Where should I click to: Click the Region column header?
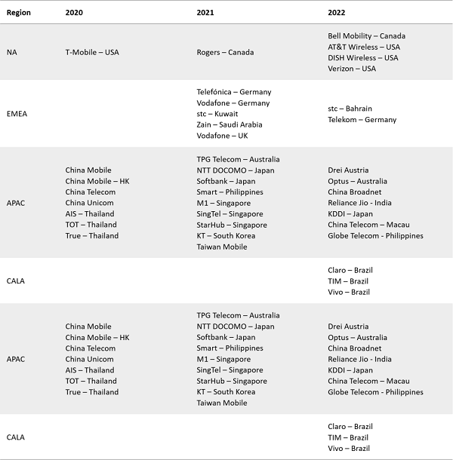click(x=18, y=14)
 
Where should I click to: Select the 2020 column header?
click(x=75, y=14)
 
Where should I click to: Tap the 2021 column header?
click(x=205, y=14)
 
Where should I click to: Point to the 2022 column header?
click(x=337, y=14)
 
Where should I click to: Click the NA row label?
click(x=11, y=52)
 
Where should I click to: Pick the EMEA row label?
click(x=17, y=114)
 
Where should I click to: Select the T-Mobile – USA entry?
click(x=92, y=52)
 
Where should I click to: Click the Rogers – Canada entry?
click(x=225, y=52)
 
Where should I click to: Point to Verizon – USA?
click(x=352, y=69)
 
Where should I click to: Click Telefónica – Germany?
click(x=233, y=92)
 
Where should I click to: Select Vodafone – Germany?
click(x=233, y=103)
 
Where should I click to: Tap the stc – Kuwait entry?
click(x=217, y=114)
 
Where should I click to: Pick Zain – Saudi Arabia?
click(x=229, y=125)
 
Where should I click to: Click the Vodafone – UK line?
click(x=223, y=136)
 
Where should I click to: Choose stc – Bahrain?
click(x=350, y=109)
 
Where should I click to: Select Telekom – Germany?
click(x=362, y=120)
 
